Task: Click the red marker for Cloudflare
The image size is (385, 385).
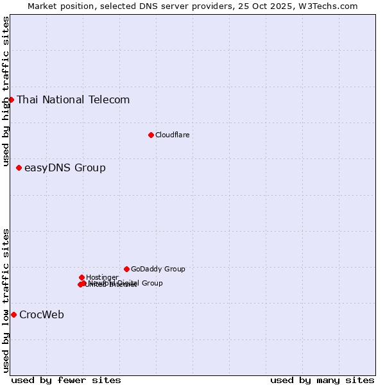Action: coord(151,135)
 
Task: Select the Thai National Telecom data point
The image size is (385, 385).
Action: coord(11,99)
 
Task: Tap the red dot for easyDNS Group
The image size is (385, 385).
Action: coord(19,168)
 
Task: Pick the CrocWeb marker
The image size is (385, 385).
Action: coord(13,314)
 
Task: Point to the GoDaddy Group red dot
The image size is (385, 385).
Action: coord(126,269)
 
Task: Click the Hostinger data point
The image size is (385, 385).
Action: coord(81,277)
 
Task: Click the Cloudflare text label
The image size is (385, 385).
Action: coord(172,135)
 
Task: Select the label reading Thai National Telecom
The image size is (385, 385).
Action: coord(73,99)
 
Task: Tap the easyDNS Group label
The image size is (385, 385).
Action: coord(65,168)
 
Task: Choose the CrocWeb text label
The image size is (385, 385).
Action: coord(42,314)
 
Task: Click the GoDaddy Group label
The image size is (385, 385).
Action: coord(158,269)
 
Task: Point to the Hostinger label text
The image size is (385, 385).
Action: coord(102,277)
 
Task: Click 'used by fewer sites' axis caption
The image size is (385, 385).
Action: coord(66,380)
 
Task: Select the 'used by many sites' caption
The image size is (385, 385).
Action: coord(322,380)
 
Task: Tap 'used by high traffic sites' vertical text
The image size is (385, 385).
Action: coord(6,92)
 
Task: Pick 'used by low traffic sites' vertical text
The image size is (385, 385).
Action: coord(6,300)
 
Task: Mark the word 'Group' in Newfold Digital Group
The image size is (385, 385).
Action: coord(151,283)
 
